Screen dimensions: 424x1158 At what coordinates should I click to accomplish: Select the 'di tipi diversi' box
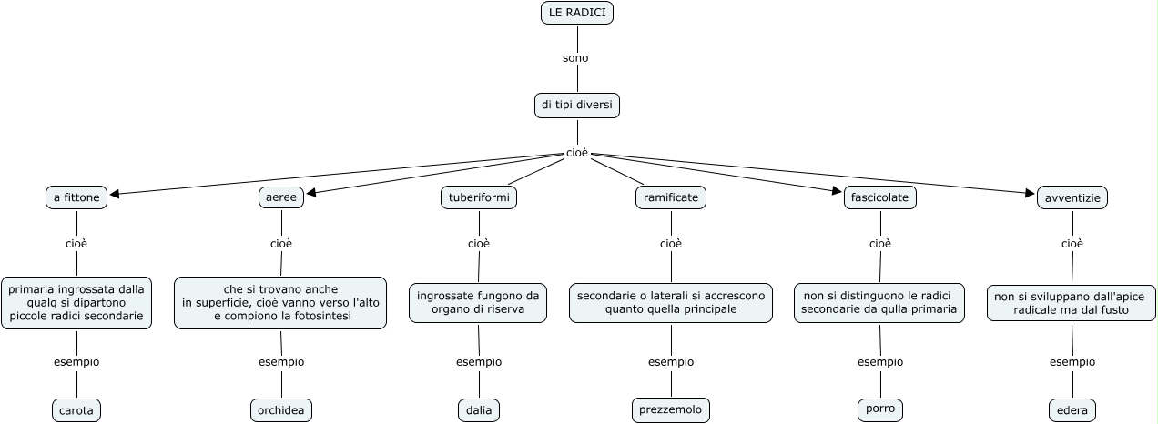pyautogui.click(x=578, y=106)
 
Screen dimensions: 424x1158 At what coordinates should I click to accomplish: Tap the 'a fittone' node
pyautogui.click(x=76, y=197)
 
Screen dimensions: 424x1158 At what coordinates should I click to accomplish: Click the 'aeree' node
pyautogui.click(x=281, y=197)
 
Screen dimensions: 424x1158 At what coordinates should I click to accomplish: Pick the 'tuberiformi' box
pyautogui.click(x=479, y=197)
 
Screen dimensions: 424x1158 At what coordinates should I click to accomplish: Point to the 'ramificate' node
pyautogui.click(x=671, y=197)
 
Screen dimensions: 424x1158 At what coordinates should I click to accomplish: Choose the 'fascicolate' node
pyautogui.click(x=879, y=197)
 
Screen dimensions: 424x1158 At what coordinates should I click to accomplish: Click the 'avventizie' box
pyautogui.click(x=1072, y=197)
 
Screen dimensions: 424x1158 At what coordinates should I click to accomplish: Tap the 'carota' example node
pyautogui.click(x=76, y=410)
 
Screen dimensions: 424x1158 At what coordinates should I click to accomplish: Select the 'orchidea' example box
pyautogui.click(x=281, y=410)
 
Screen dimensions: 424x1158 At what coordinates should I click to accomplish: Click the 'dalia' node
pyautogui.click(x=479, y=410)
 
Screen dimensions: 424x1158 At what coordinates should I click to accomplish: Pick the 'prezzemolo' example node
pyautogui.click(x=671, y=410)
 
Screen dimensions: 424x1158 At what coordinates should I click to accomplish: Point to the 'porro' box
pyautogui.click(x=880, y=409)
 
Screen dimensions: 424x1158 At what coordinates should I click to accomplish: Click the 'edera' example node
pyautogui.click(x=1072, y=410)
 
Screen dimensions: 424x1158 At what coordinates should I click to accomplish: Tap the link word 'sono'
pyautogui.click(x=575, y=58)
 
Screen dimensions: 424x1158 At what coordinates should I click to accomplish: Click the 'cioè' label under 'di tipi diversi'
pyautogui.click(x=577, y=153)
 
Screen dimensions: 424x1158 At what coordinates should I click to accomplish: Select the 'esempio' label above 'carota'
pyautogui.click(x=76, y=362)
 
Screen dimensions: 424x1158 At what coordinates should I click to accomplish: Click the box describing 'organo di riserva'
pyautogui.click(x=479, y=303)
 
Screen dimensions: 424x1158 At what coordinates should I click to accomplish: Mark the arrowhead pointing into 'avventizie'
pyautogui.click(x=1031, y=192)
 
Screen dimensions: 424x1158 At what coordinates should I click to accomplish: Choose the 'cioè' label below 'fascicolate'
pyautogui.click(x=880, y=244)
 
